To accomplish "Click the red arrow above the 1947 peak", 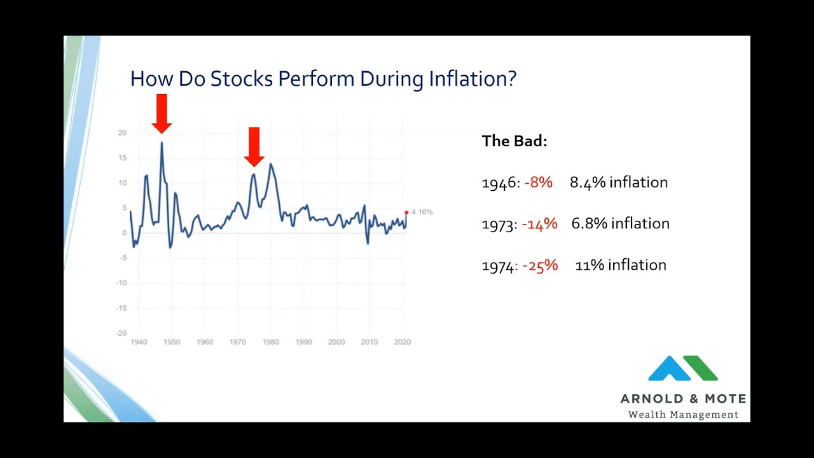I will [162, 114].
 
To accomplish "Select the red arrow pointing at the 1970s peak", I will [254, 147].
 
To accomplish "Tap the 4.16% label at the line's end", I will [422, 212].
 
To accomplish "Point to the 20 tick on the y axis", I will [122, 133].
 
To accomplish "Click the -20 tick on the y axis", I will [121, 333].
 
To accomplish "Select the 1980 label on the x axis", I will [270, 342].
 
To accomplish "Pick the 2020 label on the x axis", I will [402, 342].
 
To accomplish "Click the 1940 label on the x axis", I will [139, 342].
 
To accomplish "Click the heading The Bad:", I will [514, 141].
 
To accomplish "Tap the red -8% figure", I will [539, 183].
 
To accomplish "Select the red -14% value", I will [539, 224].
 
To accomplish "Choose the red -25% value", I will [540, 265].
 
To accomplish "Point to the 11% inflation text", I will [620, 265].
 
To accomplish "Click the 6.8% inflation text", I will [620, 224].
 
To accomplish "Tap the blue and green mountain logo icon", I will [682, 368].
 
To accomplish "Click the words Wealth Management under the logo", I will [683, 415].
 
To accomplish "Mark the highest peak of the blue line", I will [162, 142].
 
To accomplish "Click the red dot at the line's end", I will [406, 212].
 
